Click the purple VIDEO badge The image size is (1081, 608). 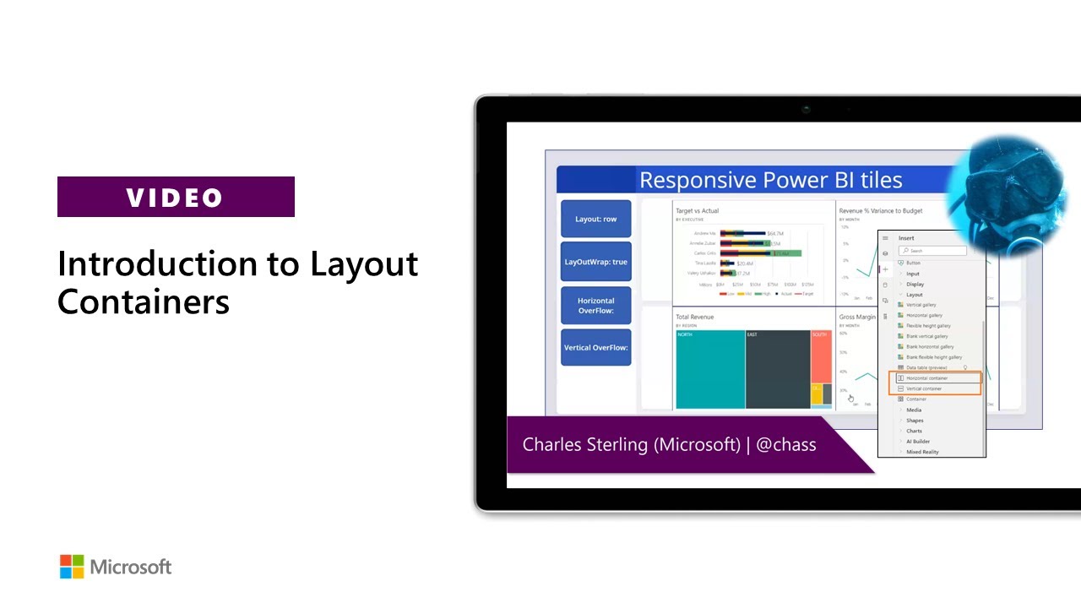(x=176, y=197)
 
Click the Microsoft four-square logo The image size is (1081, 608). (x=72, y=567)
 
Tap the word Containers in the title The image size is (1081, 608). (x=144, y=301)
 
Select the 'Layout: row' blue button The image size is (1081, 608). (x=595, y=219)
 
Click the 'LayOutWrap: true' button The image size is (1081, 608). (x=595, y=262)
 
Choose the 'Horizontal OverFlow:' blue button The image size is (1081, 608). (x=595, y=305)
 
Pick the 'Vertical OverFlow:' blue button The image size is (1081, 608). (x=595, y=347)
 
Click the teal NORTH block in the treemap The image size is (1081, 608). (x=709, y=369)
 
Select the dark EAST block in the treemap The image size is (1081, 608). (x=777, y=369)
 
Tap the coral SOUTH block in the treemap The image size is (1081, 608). (x=821, y=359)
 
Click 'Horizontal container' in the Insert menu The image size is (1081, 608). (x=926, y=378)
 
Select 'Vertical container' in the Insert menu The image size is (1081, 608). (x=924, y=388)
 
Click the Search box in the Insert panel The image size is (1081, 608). (x=932, y=251)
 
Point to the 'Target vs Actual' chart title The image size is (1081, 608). (x=697, y=210)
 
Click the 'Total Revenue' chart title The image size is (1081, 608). (x=694, y=317)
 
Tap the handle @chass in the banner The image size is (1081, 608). (x=785, y=444)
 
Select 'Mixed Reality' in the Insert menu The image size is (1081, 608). (x=922, y=452)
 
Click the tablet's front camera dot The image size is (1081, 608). (x=807, y=109)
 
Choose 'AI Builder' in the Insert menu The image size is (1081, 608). (x=918, y=442)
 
